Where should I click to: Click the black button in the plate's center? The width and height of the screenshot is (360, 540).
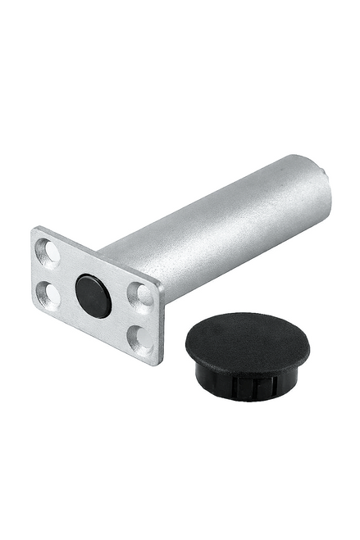tap(93, 295)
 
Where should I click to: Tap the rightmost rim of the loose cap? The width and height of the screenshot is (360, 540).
tap(310, 349)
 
